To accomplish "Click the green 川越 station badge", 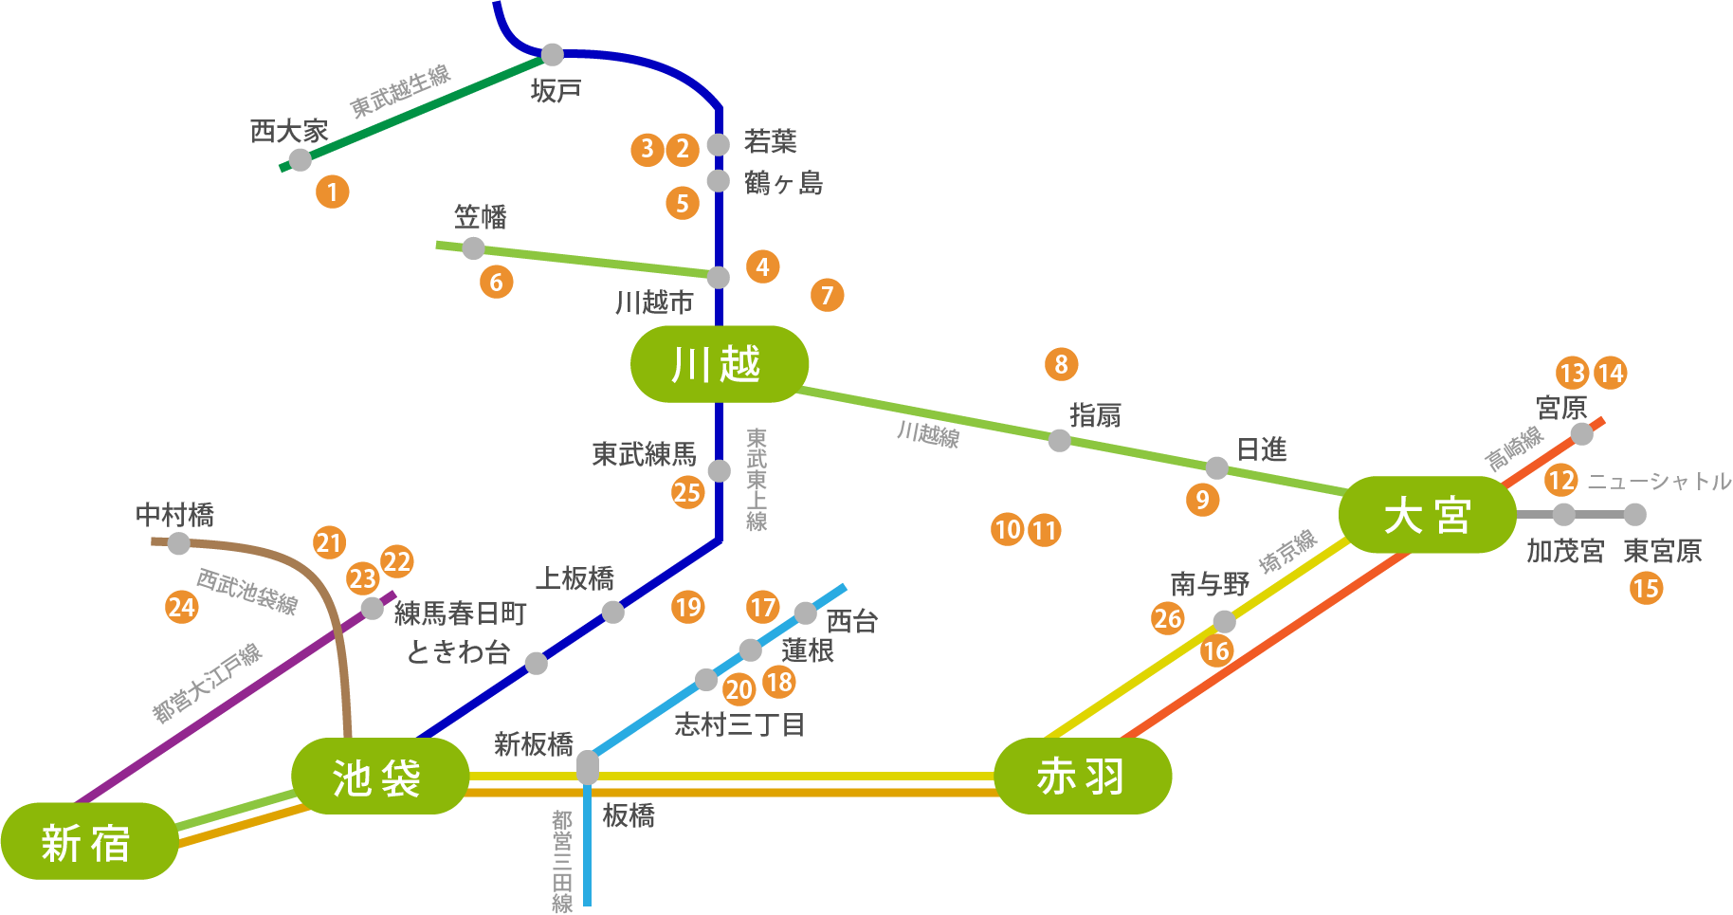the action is [x=720, y=364].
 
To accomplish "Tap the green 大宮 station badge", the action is [x=1427, y=515].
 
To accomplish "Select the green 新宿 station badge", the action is [x=89, y=841].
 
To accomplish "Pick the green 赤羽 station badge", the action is [x=1083, y=776].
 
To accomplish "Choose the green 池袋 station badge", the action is [x=380, y=776].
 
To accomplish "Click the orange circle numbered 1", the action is [x=332, y=192].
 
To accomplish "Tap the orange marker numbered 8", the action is [x=1061, y=364].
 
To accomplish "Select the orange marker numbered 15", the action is [x=1646, y=588].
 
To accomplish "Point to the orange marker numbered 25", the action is [x=687, y=492].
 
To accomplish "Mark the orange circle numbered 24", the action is [x=181, y=607].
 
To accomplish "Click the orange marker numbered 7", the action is [x=827, y=295].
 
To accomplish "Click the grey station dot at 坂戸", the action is [x=552, y=54].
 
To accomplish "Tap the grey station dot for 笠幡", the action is [x=473, y=248].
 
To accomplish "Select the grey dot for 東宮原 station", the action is [x=1634, y=515].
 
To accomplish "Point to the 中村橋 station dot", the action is [x=178, y=543].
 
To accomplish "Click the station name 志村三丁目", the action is [x=740, y=725].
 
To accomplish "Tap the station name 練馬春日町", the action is [x=461, y=613].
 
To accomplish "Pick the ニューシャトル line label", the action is [x=1659, y=482].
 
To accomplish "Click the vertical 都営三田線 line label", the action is [x=563, y=861].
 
